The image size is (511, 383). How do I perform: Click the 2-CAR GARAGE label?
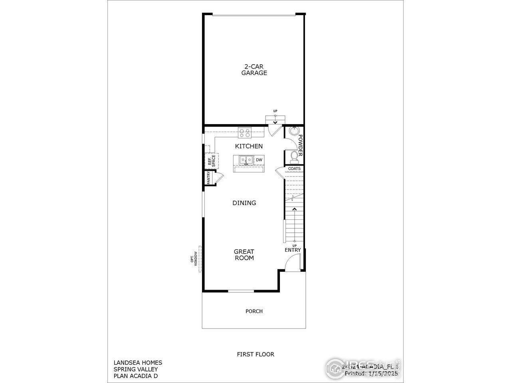[x=254, y=70]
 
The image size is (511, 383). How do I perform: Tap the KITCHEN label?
[x=249, y=146]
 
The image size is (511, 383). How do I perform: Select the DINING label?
[x=244, y=203]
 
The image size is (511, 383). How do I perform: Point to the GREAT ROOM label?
[x=244, y=255]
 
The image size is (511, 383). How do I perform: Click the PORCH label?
[x=254, y=311]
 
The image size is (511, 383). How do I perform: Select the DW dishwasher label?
[x=259, y=160]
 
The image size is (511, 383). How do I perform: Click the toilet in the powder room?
[x=294, y=156]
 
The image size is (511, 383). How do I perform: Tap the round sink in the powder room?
[x=295, y=131]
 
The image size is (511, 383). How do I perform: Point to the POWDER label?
[x=300, y=146]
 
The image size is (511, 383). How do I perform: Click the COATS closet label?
[x=294, y=168]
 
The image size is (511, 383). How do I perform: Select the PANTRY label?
[x=208, y=178]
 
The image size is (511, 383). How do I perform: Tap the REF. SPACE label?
[x=211, y=160]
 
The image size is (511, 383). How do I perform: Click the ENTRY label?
[x=293, y=250]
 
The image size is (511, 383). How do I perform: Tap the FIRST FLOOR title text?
[x=255, y=354]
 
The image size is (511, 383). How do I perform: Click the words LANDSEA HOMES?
[x=138, y=363]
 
